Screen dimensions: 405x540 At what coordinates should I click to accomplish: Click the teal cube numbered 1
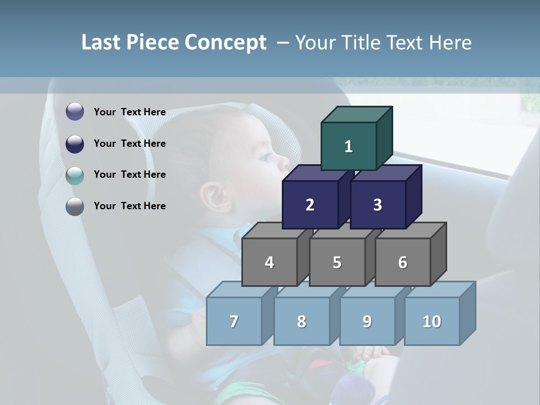[x=349, y=146]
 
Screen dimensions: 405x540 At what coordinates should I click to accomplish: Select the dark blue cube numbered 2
[x=310, y=205]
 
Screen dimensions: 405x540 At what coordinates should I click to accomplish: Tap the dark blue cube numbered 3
[x=377, y=205]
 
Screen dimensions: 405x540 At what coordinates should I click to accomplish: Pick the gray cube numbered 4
[x=269, y=262]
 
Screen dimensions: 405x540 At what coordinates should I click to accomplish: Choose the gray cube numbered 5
[x=337, y=262]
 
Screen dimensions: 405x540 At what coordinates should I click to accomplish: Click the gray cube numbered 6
[x=403, y=262]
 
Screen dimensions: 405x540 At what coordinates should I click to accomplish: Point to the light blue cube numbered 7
[x=234, y=321]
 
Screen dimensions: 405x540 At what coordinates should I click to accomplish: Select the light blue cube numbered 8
[x=301, y=321]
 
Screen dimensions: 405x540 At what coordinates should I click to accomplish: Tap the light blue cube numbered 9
[x=367, y=321]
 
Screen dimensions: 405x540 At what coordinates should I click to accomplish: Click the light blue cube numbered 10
[x=432, y=321]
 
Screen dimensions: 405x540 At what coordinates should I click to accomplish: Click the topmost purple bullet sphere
[x=75, y=112]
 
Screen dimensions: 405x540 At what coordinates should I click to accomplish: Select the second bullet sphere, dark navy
[x=75, y=143]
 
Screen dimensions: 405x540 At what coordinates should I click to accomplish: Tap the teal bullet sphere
[x=75, y=175]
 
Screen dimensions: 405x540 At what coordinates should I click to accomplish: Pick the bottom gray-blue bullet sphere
[x=75, y=206]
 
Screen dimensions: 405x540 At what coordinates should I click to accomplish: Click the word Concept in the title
[x=225, y=43]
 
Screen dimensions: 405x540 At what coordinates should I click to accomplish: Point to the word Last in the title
[x=102, y=43]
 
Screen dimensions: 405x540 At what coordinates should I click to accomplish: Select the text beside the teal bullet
[x=129, y=174]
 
